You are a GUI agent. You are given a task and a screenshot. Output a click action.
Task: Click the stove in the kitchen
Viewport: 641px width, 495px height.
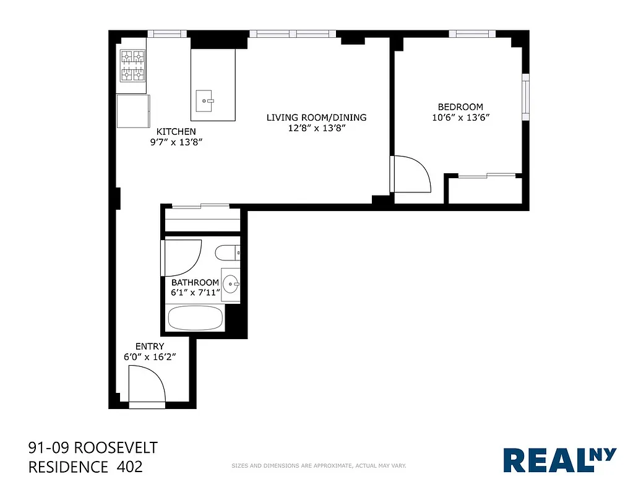point(132,66)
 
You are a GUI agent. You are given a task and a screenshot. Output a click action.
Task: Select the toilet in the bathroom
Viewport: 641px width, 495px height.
point(228,252)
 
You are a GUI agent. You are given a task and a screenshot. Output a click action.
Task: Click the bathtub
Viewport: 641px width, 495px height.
point(196,320)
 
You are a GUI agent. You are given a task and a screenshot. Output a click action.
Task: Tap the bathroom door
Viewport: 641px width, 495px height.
point(182,257)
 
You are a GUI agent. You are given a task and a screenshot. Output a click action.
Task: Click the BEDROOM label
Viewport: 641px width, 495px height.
point(460,106)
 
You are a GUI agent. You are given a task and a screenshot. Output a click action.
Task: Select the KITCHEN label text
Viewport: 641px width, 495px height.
point(176,131)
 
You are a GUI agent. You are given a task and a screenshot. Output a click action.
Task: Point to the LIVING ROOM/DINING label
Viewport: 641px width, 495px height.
point(316,117)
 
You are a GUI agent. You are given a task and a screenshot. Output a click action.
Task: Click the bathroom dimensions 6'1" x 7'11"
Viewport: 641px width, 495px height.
point(196,293)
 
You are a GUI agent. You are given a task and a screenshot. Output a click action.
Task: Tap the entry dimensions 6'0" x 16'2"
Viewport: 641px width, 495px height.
point(149,356)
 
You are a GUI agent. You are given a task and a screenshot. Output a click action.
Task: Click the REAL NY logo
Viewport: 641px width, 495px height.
point(559,460)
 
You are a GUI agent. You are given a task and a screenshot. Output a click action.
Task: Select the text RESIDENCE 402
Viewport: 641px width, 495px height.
point(85,467)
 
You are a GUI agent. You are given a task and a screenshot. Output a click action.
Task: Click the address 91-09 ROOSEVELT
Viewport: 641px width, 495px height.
point(93,447)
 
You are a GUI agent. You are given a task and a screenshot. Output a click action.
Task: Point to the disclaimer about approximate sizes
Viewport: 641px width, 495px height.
point(318,465)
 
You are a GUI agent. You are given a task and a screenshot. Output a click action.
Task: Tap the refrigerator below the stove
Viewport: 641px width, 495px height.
point(133,111)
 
